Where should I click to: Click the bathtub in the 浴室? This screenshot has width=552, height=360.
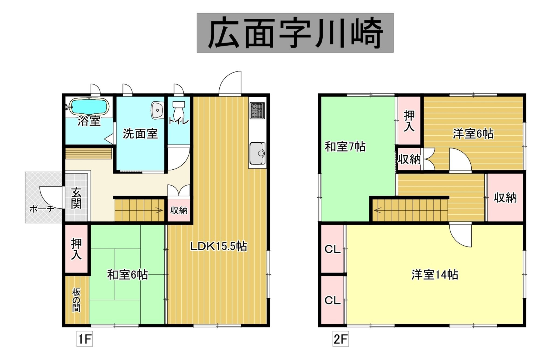pos(89,106)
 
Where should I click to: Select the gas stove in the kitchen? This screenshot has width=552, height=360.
pos(257,110)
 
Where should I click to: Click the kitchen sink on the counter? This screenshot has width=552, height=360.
pos(257,153)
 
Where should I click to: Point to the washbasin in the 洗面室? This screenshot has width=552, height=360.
pos(157,110)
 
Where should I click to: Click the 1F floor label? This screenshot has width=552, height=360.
pos(85,339)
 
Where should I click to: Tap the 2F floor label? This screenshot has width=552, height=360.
pos(340,339)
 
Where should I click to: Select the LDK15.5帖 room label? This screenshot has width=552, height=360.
pos(218,246)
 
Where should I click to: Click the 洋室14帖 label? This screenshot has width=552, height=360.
pos(435,275)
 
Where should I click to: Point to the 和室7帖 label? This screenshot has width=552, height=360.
pos(345,147)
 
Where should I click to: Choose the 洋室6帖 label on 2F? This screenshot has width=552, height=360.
pos(473,134)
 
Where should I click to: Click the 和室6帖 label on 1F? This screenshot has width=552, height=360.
pos(127,275)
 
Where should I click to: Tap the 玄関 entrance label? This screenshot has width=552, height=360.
pos(76,198)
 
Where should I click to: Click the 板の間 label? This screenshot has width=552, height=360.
pos(76,300)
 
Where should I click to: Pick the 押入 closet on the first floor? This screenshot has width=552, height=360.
pos(76,249)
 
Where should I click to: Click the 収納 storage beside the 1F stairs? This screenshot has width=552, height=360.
pos(179,210)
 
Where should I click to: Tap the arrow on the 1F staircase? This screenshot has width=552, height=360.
pos(159,210)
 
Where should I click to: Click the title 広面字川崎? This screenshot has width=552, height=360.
pos(295,33)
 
